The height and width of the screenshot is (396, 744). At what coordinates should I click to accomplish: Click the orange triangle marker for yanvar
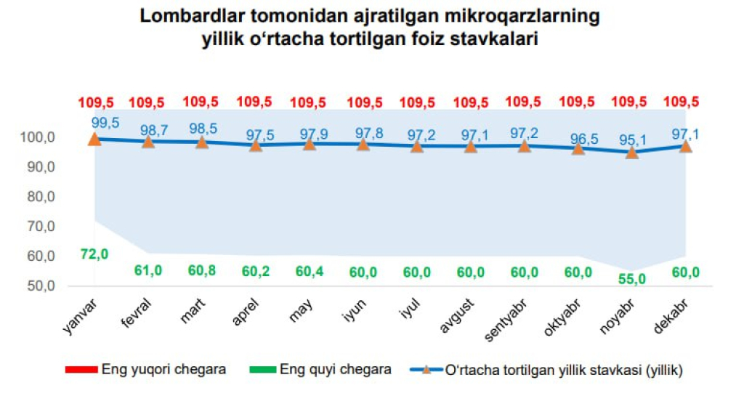click(x=94, y=139)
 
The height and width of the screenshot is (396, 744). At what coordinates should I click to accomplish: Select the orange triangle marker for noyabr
click(x=632, y=152)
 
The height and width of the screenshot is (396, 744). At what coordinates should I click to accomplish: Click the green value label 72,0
click(x=94, y=253)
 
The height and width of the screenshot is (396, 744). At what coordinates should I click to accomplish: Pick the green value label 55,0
click(x=631, y=278)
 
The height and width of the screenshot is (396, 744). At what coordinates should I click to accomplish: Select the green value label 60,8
click(x=202, y=271)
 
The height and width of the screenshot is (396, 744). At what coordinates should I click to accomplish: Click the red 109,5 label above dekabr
click(x=685, y=102)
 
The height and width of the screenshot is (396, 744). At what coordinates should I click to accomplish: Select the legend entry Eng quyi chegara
click(x=336, y=370)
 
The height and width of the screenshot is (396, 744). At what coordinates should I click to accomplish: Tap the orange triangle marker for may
click(x=310, y=144)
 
